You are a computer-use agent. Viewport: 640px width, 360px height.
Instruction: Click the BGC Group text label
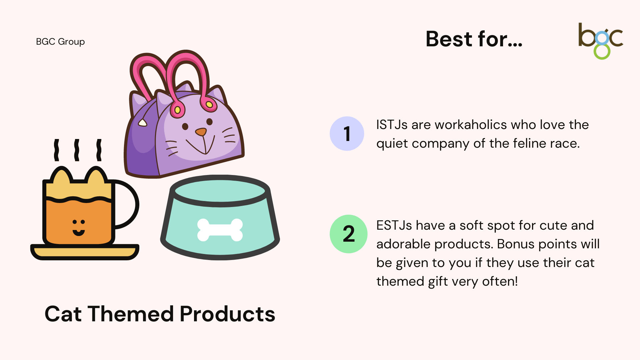point(60,42)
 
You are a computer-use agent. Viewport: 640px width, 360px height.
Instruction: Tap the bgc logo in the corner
point(600,41)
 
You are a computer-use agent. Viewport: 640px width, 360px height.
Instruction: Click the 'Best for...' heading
point(474,39)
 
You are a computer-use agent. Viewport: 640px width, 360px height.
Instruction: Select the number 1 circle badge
point(347,134)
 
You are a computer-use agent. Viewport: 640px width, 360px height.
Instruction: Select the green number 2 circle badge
point(349,234)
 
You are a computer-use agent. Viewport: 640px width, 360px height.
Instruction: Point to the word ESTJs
point(394,225)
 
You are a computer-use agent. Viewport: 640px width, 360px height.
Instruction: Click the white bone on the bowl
point(220,230)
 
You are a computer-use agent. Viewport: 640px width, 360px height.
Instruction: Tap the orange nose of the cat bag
point(201,132)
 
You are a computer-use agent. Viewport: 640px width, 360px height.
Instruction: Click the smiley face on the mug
point(79,228)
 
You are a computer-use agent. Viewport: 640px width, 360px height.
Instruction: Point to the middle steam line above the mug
point(77,150)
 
